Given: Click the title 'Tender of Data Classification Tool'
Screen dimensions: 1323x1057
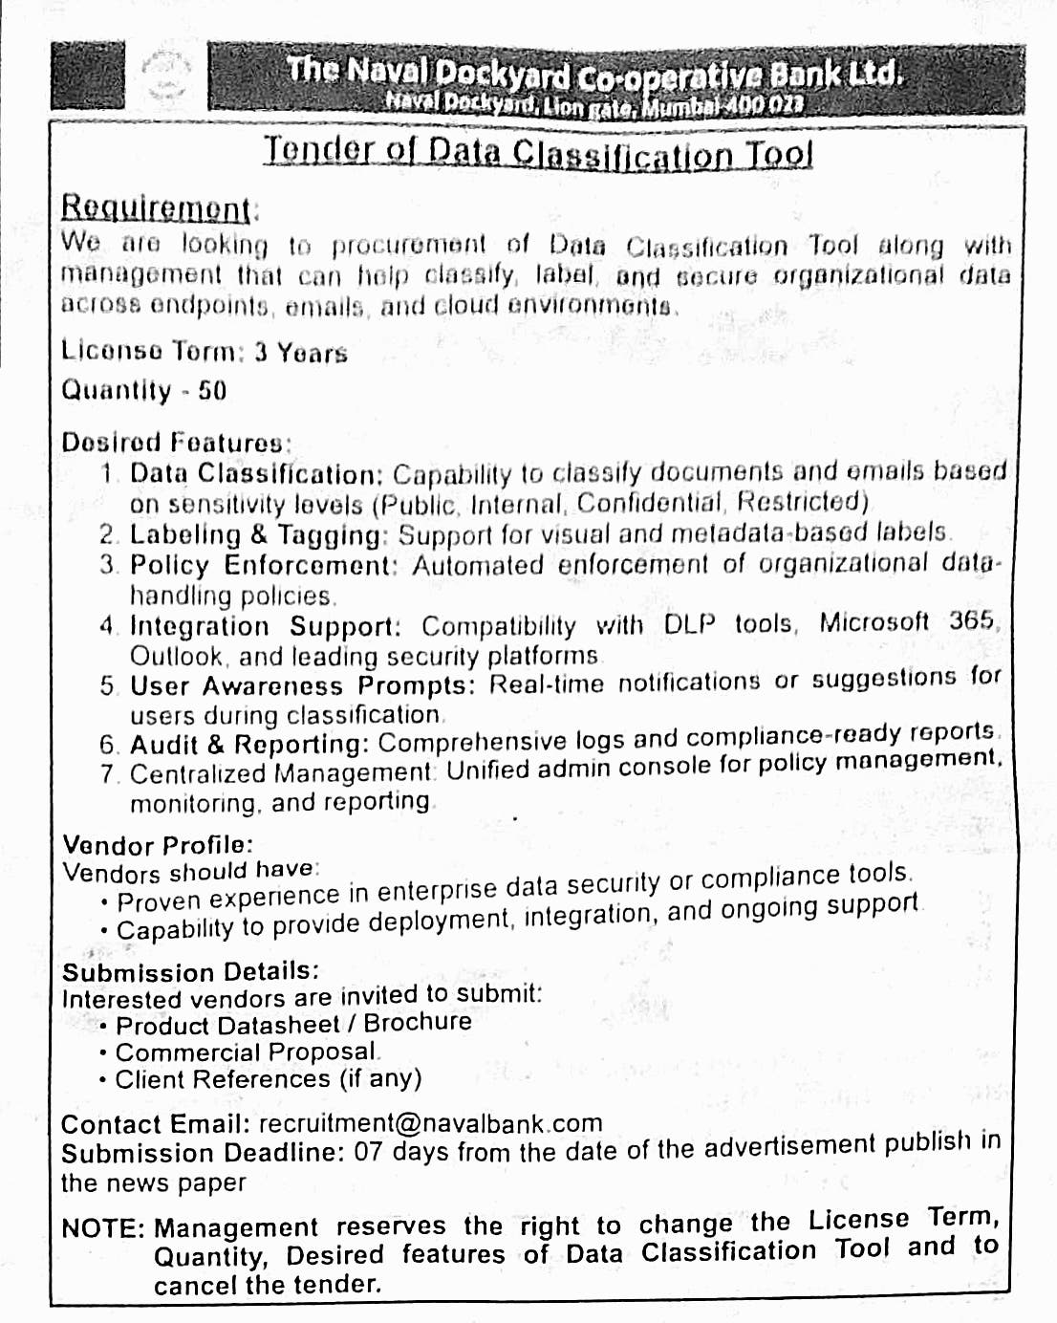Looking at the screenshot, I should pyautogui.click(x=538, y=152).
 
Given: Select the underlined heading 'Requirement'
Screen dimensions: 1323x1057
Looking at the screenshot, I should pyautogui.click(x=157, y=206).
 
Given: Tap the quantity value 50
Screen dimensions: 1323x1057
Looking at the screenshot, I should pyautogui.click(x=212, y=390).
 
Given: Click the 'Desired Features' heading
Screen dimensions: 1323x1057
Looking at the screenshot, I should pyautogui.click(x=174, y=443).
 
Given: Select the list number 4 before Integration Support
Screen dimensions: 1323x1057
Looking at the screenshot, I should pyautogui.click(x=107, y=627).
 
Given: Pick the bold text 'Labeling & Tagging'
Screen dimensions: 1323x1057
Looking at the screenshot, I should pyautogui.click(x=255, y=535).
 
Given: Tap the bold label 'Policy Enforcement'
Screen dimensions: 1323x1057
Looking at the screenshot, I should pyautogui.click(x=262, y=565).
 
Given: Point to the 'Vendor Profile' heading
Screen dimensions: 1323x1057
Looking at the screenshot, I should pyautogui.click(x=157, y=845).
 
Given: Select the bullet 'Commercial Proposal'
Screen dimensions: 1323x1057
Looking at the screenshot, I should pyautogui.click(x=247, y=1052).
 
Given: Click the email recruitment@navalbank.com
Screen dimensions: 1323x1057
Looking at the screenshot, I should pyautogui.click(x=430, y=1123).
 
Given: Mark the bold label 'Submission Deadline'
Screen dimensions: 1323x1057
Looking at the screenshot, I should pyautogui.click(x=202, y=1153).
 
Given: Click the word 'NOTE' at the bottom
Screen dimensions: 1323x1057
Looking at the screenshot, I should pyautogui.click(x=102, y=1228).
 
